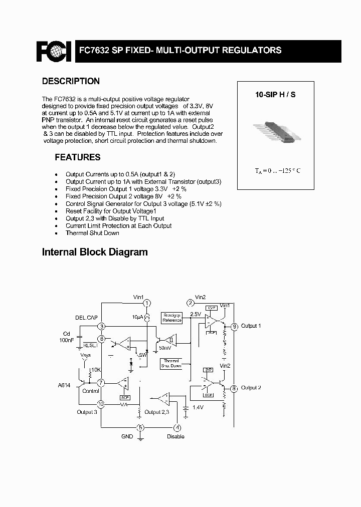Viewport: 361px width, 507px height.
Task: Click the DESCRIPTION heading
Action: (x=71, y=81)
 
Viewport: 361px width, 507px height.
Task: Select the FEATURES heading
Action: (x=77, y=157)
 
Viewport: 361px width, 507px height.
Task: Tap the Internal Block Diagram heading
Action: (x=95, y=252)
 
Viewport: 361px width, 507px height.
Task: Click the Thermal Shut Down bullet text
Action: (x=92, y=233)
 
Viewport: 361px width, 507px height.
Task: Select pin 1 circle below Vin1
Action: (x=147, y=304)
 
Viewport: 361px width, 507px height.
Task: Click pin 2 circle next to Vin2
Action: (x=191, y=303)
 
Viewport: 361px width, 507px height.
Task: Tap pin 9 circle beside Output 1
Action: (x=234, y=326)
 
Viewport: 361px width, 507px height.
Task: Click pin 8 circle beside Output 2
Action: (x=234, y=388)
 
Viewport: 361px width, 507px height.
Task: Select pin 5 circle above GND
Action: (x=141, y=427)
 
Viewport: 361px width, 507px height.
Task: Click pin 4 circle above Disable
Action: (x=176, y=427)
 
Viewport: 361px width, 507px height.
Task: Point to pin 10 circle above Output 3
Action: (x=101, y=404)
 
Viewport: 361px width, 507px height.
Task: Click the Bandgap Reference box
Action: (x=172, y=318)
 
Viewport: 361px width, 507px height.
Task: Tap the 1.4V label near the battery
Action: (x=198, y=408)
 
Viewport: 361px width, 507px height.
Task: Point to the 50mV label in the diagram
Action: (x=164, y=347)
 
